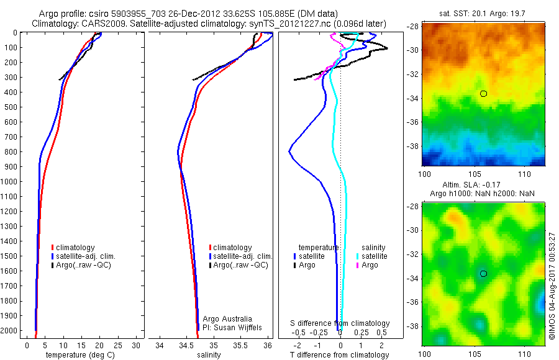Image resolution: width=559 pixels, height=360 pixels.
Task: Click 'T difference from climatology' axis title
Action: (340, 355)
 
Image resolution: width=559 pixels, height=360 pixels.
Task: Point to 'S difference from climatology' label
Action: (340, 323)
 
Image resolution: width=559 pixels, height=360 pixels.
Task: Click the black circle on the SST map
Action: (483, 94)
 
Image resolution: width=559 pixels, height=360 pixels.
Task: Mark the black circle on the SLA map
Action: (483, 274)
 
